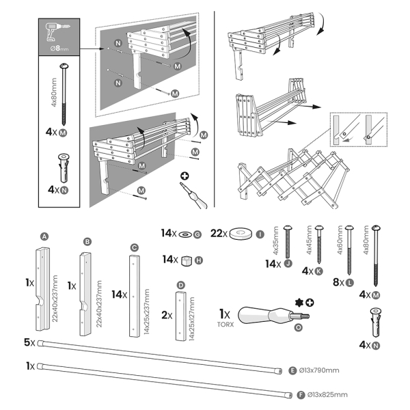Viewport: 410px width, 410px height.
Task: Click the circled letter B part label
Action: [x=87, y=242]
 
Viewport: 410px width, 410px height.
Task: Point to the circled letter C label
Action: [x=134, y=247]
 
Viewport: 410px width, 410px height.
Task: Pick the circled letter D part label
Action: [x=180, y=284]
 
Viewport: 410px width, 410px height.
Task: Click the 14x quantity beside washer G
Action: [x=169, y=233]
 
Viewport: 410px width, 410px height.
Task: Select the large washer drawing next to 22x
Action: [x=241, y=233]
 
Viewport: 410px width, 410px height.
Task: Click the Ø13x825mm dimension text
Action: [x=327, y=394]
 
